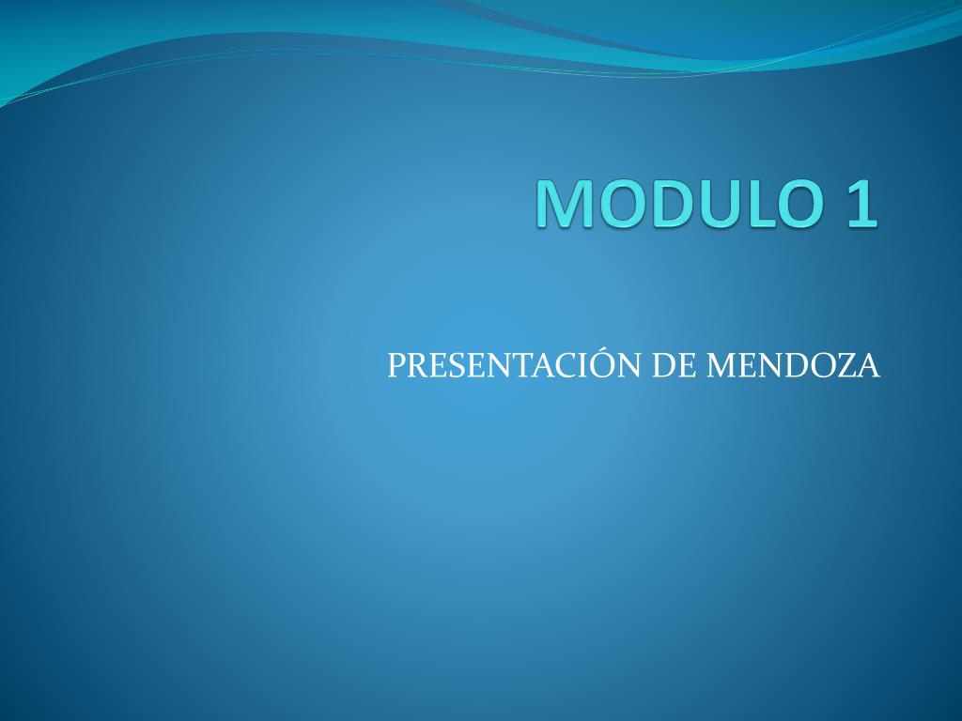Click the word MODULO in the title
(680, 204)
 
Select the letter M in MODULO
(565, 204)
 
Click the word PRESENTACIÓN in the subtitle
(515, 364)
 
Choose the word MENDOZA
(793, 365)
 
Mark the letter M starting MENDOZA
(721, 365)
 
